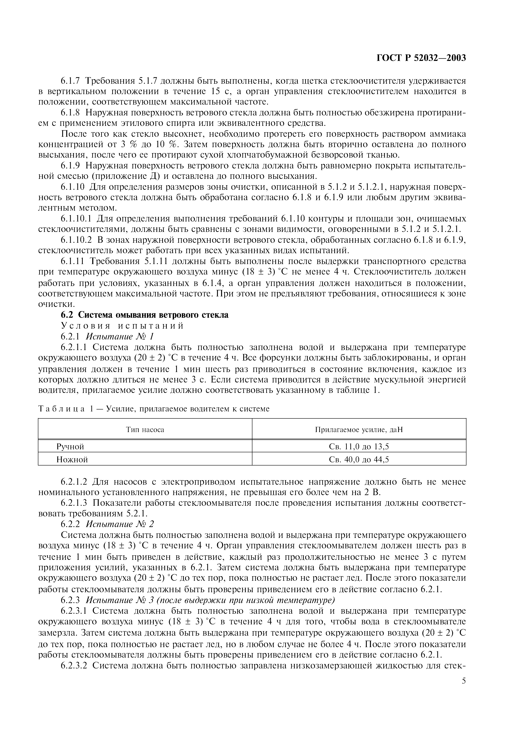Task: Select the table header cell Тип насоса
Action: (x=145, y=430)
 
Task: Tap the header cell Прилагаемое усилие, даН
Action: (x=359, y=430)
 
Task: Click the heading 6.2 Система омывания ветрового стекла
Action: (x=145, y=315)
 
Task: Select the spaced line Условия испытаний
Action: (x=122, y=326)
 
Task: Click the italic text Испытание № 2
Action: (x=120, y=524)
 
